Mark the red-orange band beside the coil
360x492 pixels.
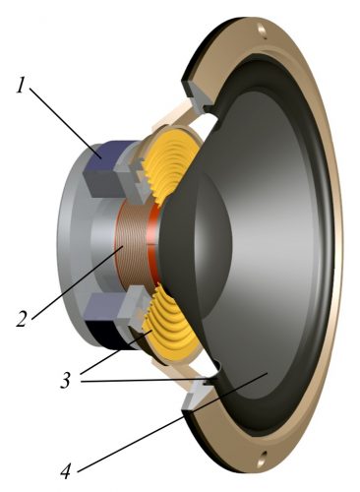click(x=153, y=246)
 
